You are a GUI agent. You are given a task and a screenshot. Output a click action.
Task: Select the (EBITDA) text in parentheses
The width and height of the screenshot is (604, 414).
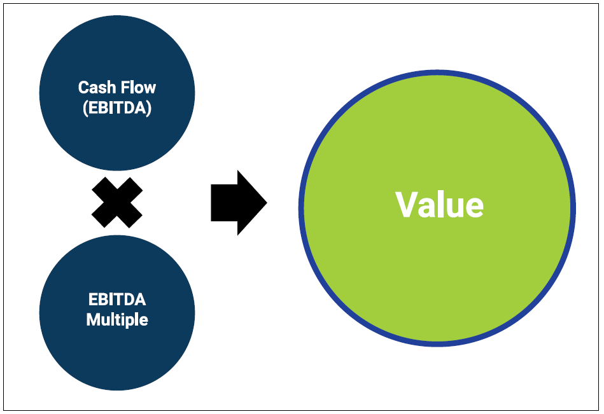pos(117,107)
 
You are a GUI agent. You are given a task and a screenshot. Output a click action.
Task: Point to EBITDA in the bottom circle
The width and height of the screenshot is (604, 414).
pos(117,300)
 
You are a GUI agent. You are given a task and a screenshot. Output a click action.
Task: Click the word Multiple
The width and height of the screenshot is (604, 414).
pos(117,319)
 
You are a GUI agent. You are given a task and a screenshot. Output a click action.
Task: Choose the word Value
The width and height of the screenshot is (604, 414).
pos(439,205)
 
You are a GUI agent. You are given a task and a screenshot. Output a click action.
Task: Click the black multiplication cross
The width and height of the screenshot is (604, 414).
pos(117,203)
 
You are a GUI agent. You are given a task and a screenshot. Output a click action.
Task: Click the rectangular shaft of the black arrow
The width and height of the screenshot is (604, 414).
pos(223,203)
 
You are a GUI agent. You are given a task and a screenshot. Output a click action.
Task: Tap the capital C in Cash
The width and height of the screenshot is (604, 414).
pos(83,87)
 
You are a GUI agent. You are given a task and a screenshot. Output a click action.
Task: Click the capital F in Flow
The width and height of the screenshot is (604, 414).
pos(125,87)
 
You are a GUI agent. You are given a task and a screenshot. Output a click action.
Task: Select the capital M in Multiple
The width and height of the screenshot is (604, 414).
pos(93,319)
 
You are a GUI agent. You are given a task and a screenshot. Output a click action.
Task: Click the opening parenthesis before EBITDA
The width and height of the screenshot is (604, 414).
pos(85,107)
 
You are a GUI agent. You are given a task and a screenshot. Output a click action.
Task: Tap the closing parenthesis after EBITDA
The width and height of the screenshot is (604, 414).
pos(150,107)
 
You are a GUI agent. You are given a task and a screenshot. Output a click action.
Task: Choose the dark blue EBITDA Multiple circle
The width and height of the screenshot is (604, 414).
pos(117,356)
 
